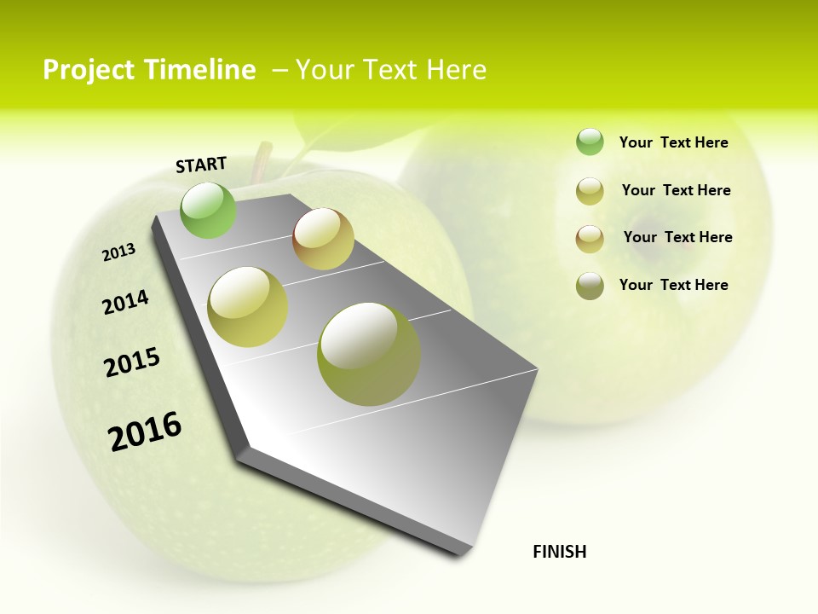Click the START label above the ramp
point(201,164)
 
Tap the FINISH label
point(559,552)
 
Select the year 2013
point(118,252)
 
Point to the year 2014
point(126,302)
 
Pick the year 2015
point(132,362)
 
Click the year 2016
point(145,431)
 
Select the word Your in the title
point(323,70)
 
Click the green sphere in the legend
point(590,142)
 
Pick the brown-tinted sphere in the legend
point(590,238)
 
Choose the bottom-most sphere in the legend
point(590,286)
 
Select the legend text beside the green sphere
point(673,142)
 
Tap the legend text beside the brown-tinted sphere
point(677,237)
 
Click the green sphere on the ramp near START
point(209,210)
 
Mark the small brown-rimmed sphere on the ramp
point(323,239)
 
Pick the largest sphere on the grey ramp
point(368,354)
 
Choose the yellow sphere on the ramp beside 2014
point(247,307)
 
